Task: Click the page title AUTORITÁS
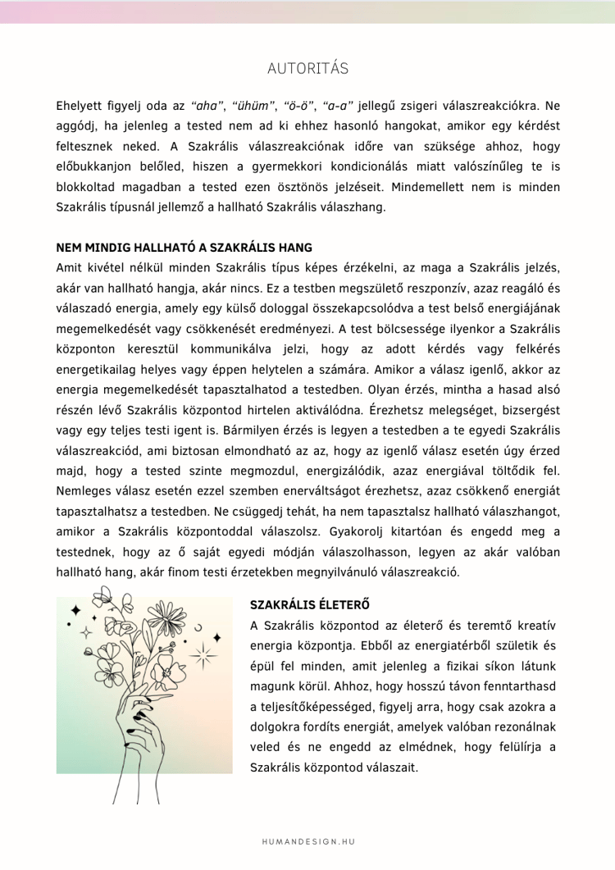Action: click(307, 67)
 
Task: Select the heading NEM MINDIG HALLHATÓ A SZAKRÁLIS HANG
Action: click(184, 248)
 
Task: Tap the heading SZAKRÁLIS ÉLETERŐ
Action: click(309, 605)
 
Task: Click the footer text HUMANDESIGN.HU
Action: click(307, 841)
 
